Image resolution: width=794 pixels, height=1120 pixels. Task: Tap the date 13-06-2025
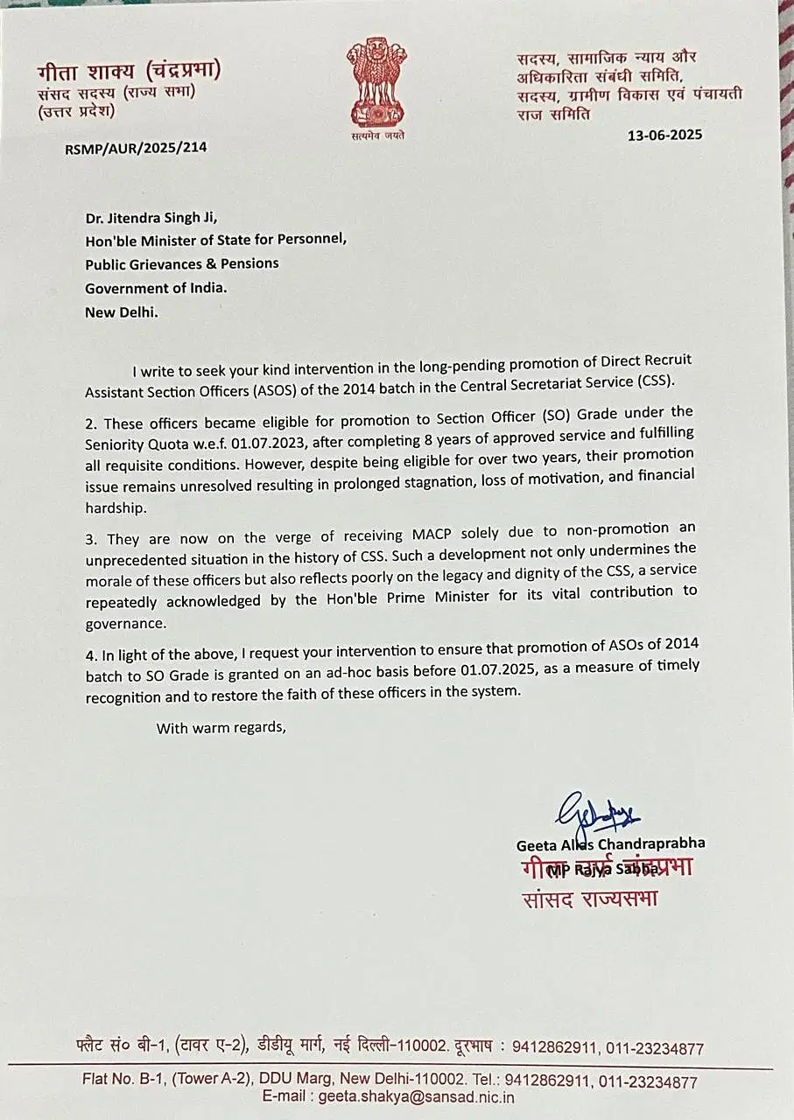665,135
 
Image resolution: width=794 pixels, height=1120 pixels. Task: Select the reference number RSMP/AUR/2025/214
136,147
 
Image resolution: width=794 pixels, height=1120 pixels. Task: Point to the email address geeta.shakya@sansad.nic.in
417,1097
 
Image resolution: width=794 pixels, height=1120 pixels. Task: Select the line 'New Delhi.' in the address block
122,311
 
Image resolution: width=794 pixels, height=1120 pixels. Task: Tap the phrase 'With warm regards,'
221,727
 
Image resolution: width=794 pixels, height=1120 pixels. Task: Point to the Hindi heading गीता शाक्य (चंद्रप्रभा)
129,71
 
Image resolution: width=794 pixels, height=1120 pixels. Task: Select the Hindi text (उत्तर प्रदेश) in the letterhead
75,111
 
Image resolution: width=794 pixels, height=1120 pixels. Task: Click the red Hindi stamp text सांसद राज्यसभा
589,898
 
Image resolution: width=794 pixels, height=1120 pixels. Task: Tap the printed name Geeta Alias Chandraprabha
610,843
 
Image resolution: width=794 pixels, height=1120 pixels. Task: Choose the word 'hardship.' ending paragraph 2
116,507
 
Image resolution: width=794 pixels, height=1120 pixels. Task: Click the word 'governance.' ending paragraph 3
125,624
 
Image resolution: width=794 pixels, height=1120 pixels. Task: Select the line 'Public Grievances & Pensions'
181,263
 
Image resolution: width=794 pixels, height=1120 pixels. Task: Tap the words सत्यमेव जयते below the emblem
378,136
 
